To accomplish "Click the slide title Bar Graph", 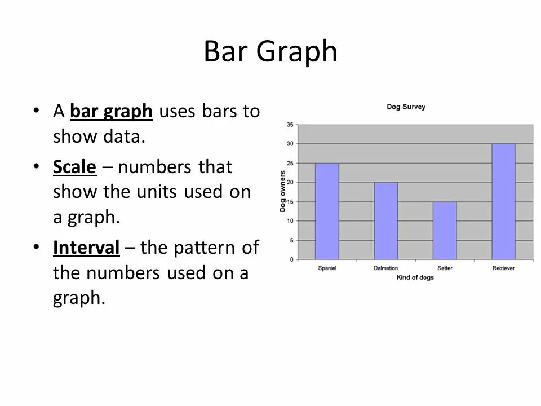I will coord(270,52).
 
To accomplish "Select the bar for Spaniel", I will coord(327,211).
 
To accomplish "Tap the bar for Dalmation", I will coord(386,220).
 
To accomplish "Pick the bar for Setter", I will coord(445,230).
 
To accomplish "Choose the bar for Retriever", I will coord(503,201).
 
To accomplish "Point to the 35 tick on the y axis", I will coord(290,124).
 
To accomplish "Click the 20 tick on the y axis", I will coord(290,182).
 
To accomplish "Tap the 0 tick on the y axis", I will coord(291,259).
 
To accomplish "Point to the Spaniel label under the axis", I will coord(327,268).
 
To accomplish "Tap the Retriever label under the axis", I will coord(503,268).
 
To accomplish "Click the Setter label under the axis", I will coord(445,268).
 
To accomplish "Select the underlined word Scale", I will coord(76,167).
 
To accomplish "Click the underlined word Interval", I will coord(86,247).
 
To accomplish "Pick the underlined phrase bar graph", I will coord(112,112).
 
